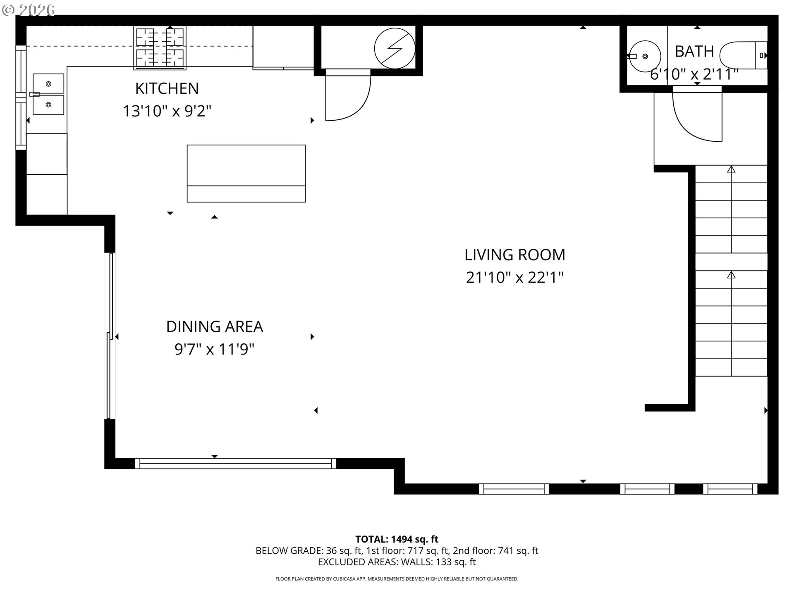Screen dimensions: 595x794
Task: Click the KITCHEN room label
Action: tap(167, 88)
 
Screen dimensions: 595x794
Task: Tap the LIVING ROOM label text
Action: tap(514, 255)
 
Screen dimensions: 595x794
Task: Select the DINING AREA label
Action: tap(214, 327)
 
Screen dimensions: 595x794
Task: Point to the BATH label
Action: tap(694, 52)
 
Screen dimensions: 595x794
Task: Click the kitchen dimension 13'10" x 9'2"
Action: tap(167, 111)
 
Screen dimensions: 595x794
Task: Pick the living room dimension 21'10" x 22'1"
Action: tap(514, 278)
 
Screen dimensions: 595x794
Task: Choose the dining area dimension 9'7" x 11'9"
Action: tap(214, 350)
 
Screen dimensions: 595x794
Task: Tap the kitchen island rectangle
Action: tap(246, 173)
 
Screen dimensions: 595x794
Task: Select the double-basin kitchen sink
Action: tap(48, 94)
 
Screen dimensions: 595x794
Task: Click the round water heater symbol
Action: tap(395, 48)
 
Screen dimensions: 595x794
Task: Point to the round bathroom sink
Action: tap(645, 56)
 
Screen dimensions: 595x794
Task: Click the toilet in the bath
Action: tap(743, 55)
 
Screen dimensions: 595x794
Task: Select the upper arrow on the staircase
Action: tap(731, 170)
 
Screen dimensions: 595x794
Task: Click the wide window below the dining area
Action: tap(235, 463)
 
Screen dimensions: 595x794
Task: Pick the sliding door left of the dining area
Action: tap(110, 336)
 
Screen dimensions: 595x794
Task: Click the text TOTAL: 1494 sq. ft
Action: tap(397, 539)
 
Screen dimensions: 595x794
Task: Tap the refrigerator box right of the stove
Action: tap(283, 47)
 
